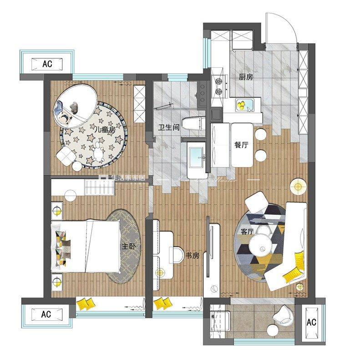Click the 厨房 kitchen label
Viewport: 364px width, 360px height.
246,77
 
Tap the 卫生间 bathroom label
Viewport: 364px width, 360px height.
169,127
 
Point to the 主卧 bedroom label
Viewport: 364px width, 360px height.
128,246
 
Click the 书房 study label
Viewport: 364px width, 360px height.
192,256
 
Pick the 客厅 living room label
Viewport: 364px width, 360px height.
247,232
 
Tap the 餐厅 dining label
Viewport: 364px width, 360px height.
241,145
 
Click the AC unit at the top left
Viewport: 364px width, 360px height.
47,64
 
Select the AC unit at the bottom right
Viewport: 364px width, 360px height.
311,322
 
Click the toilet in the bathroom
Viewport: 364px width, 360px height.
193,123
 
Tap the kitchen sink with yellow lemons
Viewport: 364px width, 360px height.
245,106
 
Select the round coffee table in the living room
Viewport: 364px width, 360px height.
261,245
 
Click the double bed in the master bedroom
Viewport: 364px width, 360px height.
86,247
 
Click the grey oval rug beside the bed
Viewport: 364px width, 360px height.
124,247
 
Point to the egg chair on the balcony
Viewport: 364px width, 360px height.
283,314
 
